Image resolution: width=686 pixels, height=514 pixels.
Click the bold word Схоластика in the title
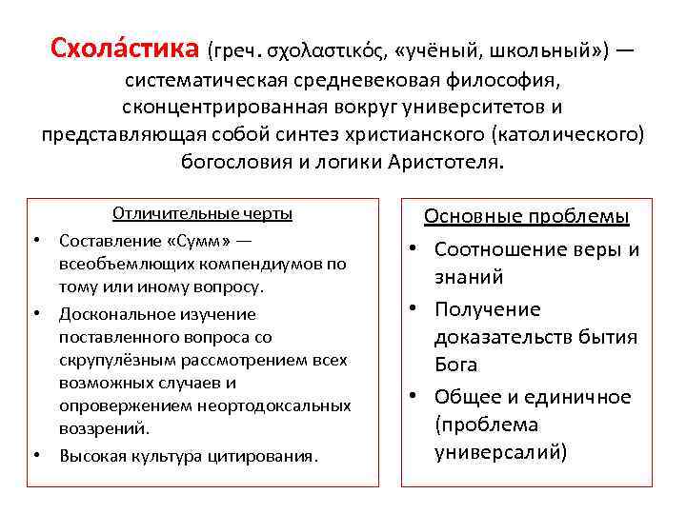(123, 48)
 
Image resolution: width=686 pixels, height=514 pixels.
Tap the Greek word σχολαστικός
(329, 49)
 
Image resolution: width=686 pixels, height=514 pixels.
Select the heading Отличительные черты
(202, 213)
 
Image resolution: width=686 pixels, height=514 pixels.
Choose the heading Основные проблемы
(526, 216)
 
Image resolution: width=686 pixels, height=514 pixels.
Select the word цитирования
(264, 456)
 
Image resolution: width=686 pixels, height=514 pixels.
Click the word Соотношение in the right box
(494, 249)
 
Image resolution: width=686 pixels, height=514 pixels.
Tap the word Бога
(455, 364)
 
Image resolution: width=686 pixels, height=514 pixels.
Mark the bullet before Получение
(416, 309)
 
